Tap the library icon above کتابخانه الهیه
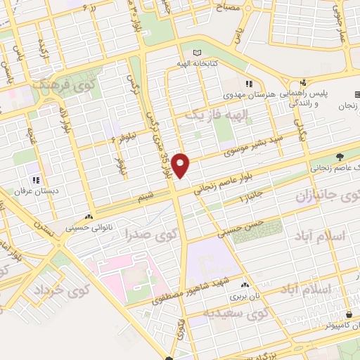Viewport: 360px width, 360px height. pyautogui.click(x=197, y=53)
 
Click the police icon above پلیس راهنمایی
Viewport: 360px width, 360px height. pyautogui.click(x=303, y=82)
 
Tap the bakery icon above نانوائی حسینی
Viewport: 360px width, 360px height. pyautogui.click(x=89, y=217)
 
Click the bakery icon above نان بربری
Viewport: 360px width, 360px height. pyautogui.click(x=245, y=285)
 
